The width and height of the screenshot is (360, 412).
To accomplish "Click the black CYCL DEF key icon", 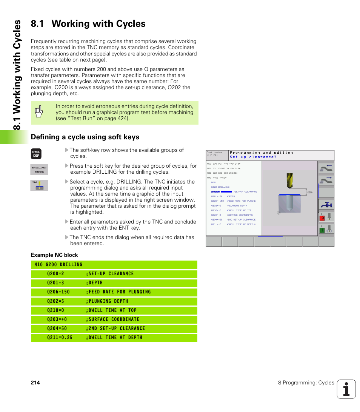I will tap(36, 154).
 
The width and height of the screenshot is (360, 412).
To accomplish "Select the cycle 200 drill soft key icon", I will tap(39, 185).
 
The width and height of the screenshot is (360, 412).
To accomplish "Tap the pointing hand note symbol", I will tap(38, 112).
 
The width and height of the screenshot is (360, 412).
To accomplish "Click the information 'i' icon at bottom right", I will tap(346, 389).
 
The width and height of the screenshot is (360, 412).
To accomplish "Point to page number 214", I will tap(35, 383).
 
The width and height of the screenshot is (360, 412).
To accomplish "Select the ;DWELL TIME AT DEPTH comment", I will tap(114, 338).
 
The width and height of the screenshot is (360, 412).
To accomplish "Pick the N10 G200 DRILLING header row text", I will tap(58, 265).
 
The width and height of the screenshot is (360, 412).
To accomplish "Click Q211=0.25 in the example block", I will tap(60, 338).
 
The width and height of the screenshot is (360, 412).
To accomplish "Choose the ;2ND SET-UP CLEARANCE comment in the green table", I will tap(115, 329).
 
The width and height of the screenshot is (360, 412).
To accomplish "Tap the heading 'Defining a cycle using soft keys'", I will tap(85, 137).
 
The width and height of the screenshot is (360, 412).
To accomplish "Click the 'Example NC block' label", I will tap(54, 255).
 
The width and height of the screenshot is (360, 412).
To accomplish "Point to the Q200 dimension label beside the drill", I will tap(310, 192).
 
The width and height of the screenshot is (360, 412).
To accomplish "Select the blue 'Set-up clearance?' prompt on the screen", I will tap(253, 157).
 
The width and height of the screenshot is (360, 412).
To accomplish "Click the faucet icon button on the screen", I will tap(326, 205).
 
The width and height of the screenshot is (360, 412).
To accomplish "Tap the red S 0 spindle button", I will tap(323, 218).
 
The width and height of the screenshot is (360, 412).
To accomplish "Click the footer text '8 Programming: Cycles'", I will tap(306, 383).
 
